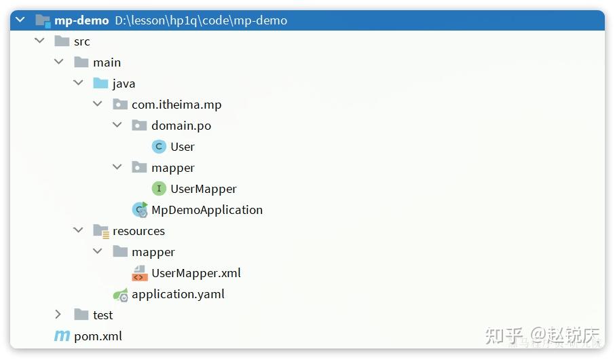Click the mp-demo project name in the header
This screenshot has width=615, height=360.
81,20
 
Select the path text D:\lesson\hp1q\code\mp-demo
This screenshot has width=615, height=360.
201,20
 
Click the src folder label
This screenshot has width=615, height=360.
82,41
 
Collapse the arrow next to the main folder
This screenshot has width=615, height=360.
59,62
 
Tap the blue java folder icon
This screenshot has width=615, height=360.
101,84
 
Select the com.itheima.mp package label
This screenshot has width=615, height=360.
176,105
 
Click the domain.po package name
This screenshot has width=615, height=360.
181,126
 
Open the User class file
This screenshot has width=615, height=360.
183,147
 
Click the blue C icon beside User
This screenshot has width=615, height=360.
159,147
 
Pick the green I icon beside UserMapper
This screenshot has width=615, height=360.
159,189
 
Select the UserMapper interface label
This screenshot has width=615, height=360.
204,189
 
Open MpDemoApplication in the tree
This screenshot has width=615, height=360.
207,210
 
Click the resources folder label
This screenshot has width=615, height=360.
138,231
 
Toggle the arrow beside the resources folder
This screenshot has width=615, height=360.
79,231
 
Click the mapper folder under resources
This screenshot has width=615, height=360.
153,252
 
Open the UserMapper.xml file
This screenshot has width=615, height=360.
196,273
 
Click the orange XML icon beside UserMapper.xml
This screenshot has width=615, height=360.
140,273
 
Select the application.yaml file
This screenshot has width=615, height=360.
178,294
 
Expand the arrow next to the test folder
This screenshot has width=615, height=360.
59,314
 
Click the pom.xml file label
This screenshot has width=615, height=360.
98,336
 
